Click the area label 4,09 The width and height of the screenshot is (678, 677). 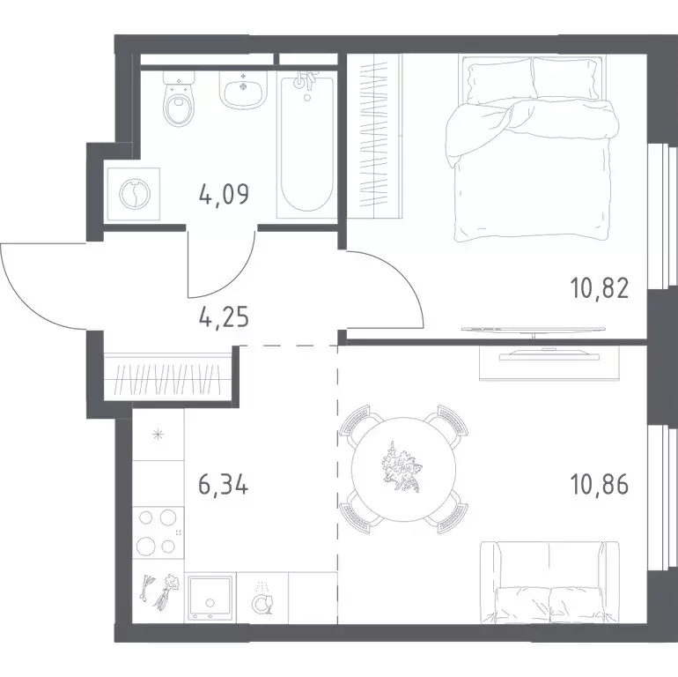[x=224, y=194]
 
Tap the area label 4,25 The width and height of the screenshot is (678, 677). [x=224, y=317]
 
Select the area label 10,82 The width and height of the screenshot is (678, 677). [x=600, y=288]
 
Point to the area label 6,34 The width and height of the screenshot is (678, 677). [x=224, y=484]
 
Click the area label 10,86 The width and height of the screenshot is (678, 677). [x=600, y=484]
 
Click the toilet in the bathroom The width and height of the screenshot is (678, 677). [x=179, y=99]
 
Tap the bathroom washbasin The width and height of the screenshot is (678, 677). [x=243, y=90]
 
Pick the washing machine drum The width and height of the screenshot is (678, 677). [x=135, y=194]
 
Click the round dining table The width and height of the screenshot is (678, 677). [x=404, y=469]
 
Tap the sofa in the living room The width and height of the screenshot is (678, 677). [x=549, y=582]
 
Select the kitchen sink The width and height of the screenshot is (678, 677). [x=210, y=598]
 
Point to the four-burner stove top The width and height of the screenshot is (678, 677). [x=158, y=532]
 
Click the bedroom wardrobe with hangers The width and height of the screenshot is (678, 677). [x=375, y=135]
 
